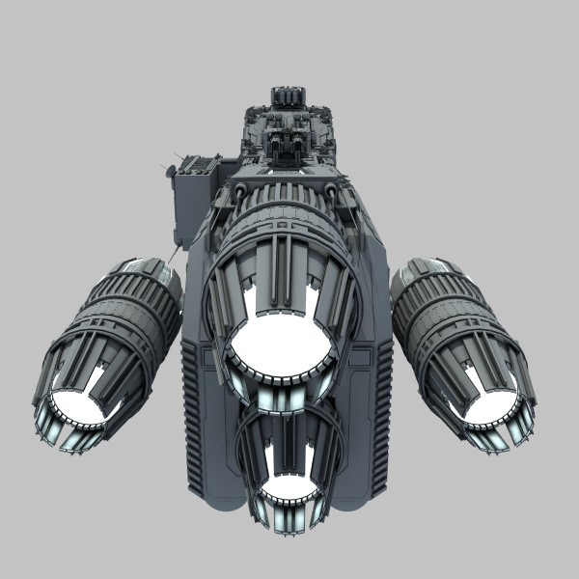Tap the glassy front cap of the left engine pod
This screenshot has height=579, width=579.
click(154, 269)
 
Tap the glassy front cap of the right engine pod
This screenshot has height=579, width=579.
click(425, 269)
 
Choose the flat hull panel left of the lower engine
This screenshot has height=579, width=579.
click(217, 454)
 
